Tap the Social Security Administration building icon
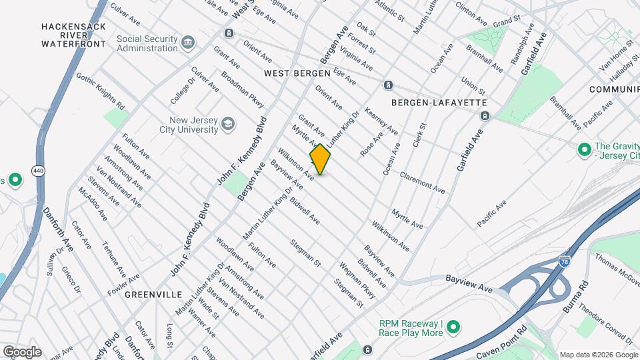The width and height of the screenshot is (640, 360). (x=189, y=43)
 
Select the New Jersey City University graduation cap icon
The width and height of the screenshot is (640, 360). (x=228, y=124)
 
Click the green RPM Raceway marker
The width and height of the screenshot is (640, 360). (x=453, y=327)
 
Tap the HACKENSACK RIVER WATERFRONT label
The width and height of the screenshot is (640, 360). (x=73, y=35)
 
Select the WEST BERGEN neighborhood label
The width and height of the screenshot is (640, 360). (x=297, y=73)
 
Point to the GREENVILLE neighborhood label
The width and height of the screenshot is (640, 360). (x=153, y=294)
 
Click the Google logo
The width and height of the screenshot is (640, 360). (x=22, y=352)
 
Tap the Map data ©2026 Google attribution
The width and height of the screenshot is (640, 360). (x=598, y=355)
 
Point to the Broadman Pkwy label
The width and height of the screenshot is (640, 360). (x=243, y=90)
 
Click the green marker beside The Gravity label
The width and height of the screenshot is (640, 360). (x=585, y=148)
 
